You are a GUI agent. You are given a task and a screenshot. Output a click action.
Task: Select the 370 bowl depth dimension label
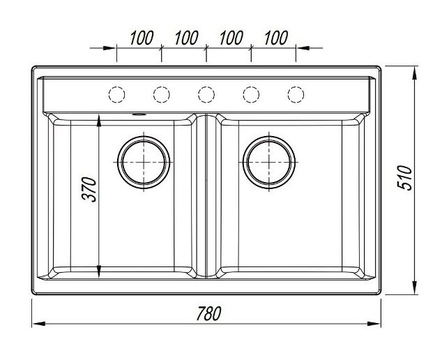click(88, 190)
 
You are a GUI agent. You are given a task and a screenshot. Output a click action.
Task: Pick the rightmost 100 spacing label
click(276, 38)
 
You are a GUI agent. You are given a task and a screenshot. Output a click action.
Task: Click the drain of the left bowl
click(144, 161)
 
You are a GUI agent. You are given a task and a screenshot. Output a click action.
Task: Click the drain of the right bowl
click(268, 161)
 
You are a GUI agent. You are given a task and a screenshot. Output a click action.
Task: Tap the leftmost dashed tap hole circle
click(117, 93)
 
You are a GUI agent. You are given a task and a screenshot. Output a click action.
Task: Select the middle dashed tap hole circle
click(206, 93)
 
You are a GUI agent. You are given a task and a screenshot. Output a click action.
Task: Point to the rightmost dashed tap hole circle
click(296, 93)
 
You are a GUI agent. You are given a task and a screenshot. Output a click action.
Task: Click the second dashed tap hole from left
click(162, 93)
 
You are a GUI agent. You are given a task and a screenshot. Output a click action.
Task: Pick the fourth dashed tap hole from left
click(251, 93)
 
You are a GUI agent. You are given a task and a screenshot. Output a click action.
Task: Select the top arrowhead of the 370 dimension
click(100, 120)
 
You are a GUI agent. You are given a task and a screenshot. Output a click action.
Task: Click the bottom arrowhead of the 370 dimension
click(100, 271)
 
